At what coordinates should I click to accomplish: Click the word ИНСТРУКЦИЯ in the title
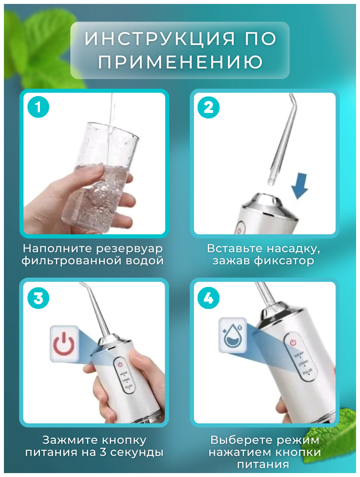[160, 39]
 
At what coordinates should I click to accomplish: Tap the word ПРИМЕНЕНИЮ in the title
[180, 62]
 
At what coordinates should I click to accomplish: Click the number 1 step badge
[38, 107]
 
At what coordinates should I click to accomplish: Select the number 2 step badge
[209, 108]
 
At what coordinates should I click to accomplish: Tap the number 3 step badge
[38, 298]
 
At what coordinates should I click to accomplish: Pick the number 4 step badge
[209, 298]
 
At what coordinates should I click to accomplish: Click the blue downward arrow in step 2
[300, 186]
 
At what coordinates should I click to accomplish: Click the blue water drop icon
[232, 336]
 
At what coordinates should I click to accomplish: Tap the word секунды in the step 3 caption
[137, 453]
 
